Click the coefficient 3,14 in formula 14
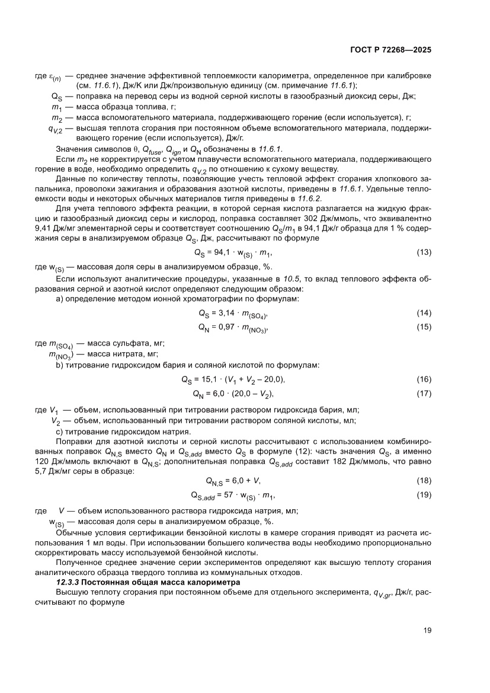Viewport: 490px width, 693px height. click(x=230, y=314)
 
